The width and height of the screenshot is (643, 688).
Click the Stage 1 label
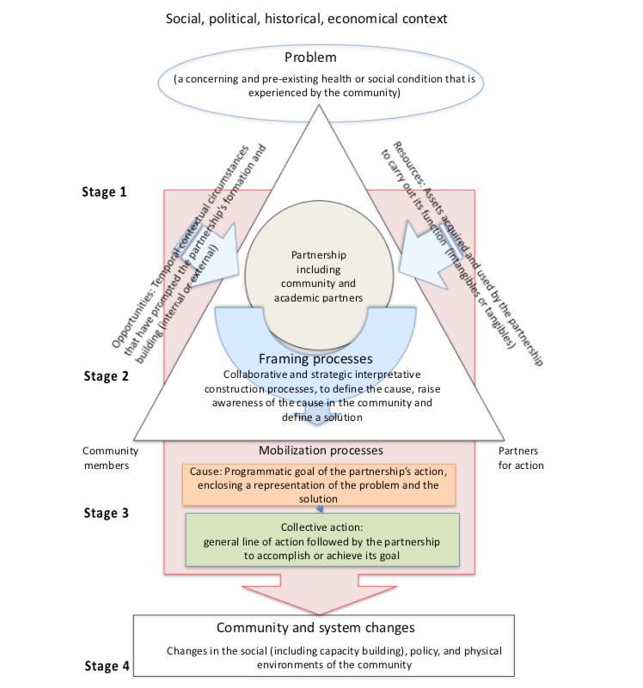click(104, 192)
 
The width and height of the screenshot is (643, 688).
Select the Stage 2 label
click(105, 375)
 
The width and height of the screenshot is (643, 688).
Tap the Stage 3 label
click(105, 513)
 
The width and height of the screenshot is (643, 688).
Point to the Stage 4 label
click(105, 666)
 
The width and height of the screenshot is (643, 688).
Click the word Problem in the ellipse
click(310, 58)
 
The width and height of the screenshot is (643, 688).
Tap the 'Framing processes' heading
click(315, 358)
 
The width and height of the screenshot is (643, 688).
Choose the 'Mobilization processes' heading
click(321, 450)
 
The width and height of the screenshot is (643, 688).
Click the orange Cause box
click(319, 485)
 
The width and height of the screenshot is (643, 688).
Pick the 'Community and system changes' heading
click(315, 628)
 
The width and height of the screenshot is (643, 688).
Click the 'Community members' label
click(110, 458)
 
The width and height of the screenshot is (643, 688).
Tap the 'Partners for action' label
click(521, 458)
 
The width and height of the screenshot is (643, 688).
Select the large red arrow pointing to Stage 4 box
click(319, 597)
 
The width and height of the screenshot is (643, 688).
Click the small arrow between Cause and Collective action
click(320, 509)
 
